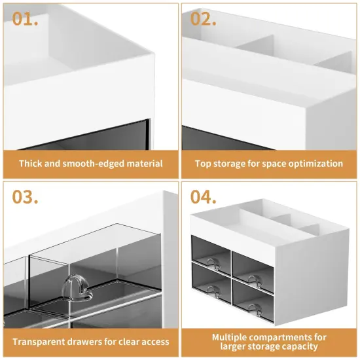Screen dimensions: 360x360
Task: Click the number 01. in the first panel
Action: click(26, 18)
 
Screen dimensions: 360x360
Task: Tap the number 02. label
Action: click(204, 18)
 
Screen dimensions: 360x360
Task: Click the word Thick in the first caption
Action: click(31, 164)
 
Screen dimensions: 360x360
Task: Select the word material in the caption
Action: click(141, 164)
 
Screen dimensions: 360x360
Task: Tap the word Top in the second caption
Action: click(203, 164)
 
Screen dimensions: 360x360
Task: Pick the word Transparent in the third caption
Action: click(39, 342)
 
